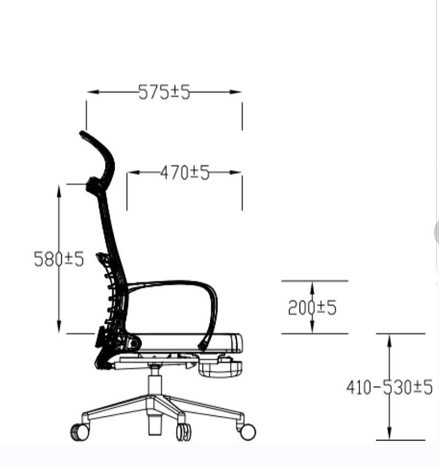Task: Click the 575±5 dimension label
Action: pos(164,92)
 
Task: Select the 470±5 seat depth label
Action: pos(185,173)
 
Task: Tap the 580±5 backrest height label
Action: pos(59,259)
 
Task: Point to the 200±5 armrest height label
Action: pos(313,308)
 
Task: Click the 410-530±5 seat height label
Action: pos(389,387)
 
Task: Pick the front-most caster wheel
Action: pos(248,432)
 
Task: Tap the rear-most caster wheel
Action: pos(80,432)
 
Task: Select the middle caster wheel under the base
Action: pos(184,432)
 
